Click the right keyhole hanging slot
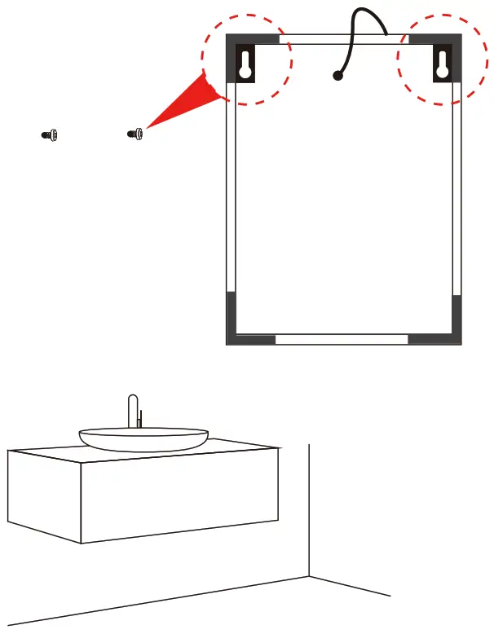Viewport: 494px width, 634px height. pos(442,63)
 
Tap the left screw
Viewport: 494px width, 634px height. pos(49,135)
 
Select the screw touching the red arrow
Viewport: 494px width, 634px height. pos(136,133)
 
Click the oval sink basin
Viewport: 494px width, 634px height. pos(143,439)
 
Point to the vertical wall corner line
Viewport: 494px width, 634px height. pos(308,505)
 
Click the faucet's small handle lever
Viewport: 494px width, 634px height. pos(140,419)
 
